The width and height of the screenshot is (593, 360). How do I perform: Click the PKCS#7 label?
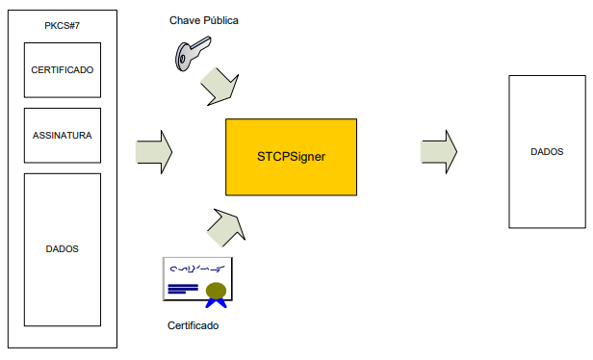pyautogui.click(x=62, y=26)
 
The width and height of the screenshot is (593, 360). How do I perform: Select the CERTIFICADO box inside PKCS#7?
pyautogui.click(x=63, y=70)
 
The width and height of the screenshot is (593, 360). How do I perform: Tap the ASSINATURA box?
pyautogui.click(x=63, y=136)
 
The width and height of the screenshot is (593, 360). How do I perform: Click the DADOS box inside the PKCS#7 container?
pyautogui.click(x=63, y=249)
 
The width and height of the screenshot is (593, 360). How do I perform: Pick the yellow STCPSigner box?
pyautogui.click(x=291, y=157)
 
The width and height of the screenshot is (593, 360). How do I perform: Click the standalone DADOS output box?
pyautogui.click(x=547, y=152)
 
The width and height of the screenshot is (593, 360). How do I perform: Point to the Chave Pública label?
pyautogui.click(x=204, y=20)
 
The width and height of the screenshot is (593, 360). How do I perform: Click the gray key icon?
pyautogui.click(x=193, y=53)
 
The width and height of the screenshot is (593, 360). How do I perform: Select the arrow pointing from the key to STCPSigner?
pyautogui.click(x=220, y=87)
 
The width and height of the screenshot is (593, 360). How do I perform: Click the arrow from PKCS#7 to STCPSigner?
pyautogui.click(x=154, y=152)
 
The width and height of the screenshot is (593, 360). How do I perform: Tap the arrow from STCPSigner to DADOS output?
pyautogui.click(x=439, y=152)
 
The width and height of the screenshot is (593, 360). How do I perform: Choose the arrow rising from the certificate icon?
pyautogui.click(x=226, y=227)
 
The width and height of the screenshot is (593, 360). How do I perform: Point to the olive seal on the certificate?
pyautogui.click(x=216, y=291)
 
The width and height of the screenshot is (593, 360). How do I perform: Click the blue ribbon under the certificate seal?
pyautogui.click(x=216, y=303)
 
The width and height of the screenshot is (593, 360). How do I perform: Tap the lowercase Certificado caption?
pyautogui.click(x=193, y=325)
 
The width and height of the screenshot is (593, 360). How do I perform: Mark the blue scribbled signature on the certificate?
pyautogui.click(x=197, y=269)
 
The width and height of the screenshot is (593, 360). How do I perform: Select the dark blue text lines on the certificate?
pyautogui.click(x=183, y=289)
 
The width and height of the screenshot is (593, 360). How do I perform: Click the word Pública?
pyautogui.click(x=220, y=20)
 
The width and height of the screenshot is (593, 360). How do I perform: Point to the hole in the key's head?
pyautogui.click(x=182, y=59)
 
